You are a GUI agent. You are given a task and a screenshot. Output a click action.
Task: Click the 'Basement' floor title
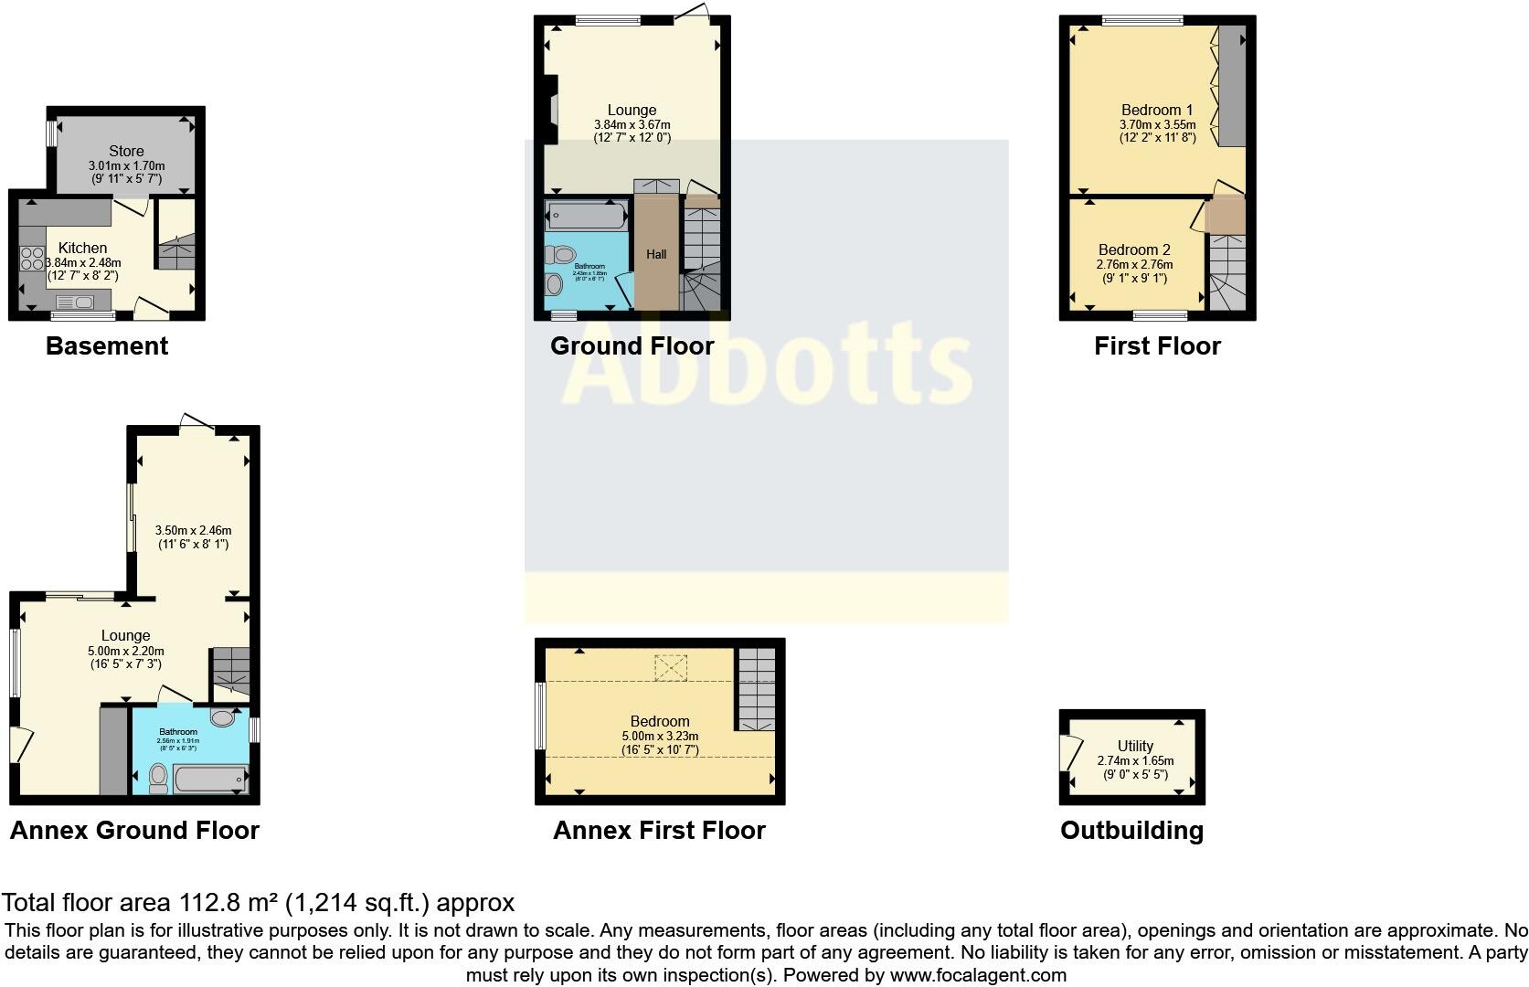[x=107, y=346]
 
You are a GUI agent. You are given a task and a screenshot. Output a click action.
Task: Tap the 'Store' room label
[x=126, y=151]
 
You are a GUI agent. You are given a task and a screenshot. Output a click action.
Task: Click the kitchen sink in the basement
[x=75, y=302]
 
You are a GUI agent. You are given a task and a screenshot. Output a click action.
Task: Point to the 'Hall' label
[x=656, y=255]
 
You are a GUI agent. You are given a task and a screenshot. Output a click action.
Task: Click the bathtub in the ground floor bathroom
[x=586, y=217]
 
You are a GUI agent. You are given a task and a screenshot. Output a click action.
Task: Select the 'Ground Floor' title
[x=632, y=346]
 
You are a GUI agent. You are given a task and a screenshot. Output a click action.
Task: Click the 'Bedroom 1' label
[x=1157, y=110]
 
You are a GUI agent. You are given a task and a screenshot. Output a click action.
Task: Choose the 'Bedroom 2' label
[x=1134, y=249]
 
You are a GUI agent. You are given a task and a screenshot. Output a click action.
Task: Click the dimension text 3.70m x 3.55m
[x=1157, y=125]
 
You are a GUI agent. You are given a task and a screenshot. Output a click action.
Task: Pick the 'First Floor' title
[x=1157, y=346]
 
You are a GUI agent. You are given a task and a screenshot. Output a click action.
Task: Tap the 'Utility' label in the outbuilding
[x=1135, y=746]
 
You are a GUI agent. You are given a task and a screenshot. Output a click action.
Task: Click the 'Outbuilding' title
[x=1131, y=831]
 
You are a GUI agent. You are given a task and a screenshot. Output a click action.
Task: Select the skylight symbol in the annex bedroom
[x=670, y=668]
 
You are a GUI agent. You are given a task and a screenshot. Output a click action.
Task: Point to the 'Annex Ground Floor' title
[x=134, y=831]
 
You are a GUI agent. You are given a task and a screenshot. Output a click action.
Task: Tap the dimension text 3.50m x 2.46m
[x=193, y=530]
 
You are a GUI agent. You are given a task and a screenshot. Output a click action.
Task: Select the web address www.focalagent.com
[x=978, y=975]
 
